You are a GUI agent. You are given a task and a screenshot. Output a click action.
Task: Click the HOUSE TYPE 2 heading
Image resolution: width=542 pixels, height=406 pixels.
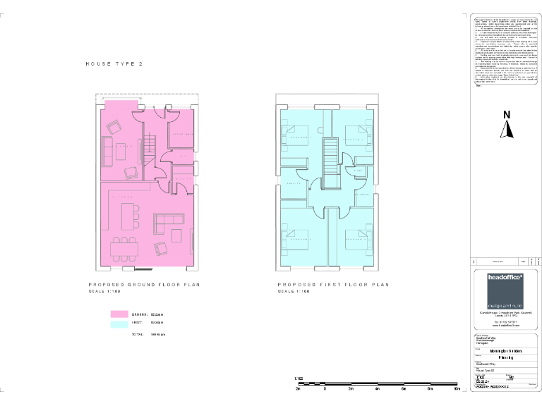pos(114,63)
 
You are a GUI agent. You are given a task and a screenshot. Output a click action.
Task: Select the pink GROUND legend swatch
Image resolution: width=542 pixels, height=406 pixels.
pos(119,314)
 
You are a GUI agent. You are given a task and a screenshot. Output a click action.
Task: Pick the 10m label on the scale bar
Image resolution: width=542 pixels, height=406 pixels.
pos(457,388)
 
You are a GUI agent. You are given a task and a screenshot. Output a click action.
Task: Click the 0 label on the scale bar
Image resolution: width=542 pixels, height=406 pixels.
pos(325,388)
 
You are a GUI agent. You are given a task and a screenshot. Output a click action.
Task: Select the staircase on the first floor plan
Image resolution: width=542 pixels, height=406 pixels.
pos(329,161)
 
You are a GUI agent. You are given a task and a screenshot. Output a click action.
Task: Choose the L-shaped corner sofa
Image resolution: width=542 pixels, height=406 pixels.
pos(167,224)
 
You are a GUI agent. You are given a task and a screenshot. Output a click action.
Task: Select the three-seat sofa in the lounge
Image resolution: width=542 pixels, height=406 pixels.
pos(107,150)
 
